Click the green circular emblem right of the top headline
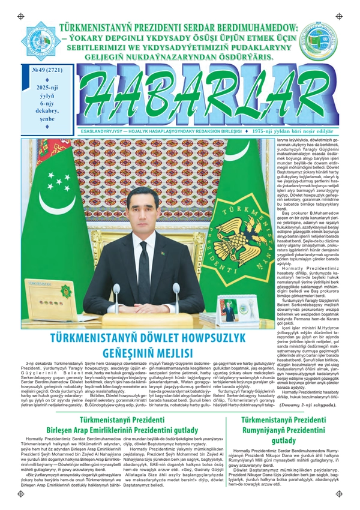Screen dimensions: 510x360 coord(319,40)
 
